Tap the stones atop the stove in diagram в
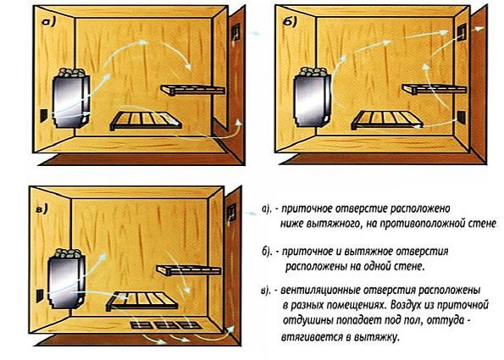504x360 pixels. pyautogui.click(x=68, y=253)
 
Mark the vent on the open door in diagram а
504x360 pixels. pyautogui.click(x=235, y=33)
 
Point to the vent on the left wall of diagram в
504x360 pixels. pyautogui.click(x=38, y=296)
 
